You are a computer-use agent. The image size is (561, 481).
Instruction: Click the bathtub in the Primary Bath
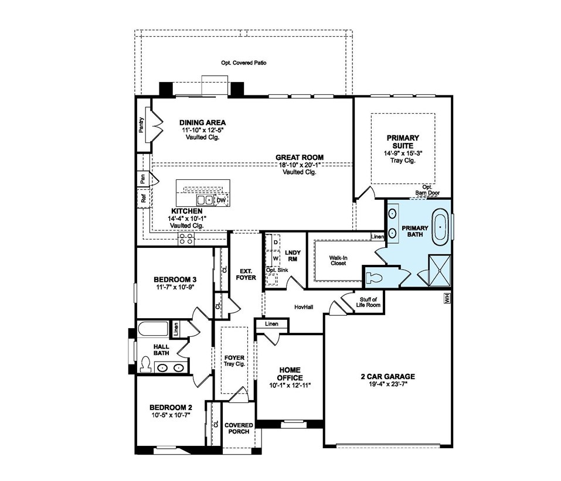(440, 228)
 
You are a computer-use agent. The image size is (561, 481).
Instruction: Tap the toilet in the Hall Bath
(145, 364)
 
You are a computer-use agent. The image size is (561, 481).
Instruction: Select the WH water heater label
(447, 298)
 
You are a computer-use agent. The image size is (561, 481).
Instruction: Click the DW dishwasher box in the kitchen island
(222, 200)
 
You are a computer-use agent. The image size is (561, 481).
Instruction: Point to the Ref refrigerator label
(144, 198)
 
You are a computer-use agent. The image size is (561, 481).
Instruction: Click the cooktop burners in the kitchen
(186, 238)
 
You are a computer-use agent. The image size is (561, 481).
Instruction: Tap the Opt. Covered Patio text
(244, 63)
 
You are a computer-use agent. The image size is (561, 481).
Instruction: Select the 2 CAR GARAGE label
(388, 376)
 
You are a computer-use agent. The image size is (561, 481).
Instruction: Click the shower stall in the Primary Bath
(439, 270)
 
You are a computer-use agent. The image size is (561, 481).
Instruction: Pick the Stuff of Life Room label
(368, 302)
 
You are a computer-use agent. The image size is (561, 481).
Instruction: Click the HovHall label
(304, 307)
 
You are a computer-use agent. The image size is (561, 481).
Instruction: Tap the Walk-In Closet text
(338, 260)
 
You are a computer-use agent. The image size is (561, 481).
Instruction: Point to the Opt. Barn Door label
(427, 190)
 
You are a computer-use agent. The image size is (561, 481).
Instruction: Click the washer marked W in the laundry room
(276, 258)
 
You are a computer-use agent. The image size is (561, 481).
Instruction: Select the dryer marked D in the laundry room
(276, 242)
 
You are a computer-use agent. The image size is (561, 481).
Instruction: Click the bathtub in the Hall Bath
(153, 329)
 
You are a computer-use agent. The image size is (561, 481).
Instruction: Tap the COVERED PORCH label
(239, 428)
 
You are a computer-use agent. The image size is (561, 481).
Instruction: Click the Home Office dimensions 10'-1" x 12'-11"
(290, 385)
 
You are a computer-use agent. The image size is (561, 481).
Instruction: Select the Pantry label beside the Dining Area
(142, 125)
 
